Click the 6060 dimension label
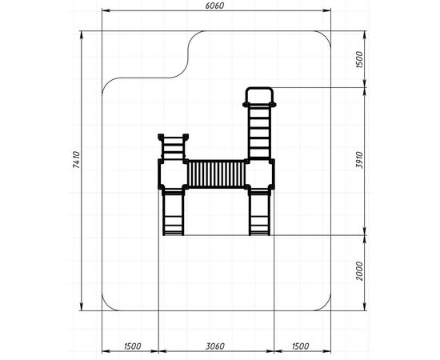click(x=214, y=6)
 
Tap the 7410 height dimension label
click(x=76, y=160)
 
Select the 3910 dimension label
click(x=359, y=160)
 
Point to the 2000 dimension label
click(x=359, y=270)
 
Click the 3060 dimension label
click(x=215, y=346)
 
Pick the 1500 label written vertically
click(x=359, y=59)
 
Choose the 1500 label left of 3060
click(x=132, y=346)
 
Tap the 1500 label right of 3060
click(x=300, y=346)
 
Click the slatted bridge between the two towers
click(x=216, y=174)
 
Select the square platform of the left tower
click(x=173, y=174)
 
